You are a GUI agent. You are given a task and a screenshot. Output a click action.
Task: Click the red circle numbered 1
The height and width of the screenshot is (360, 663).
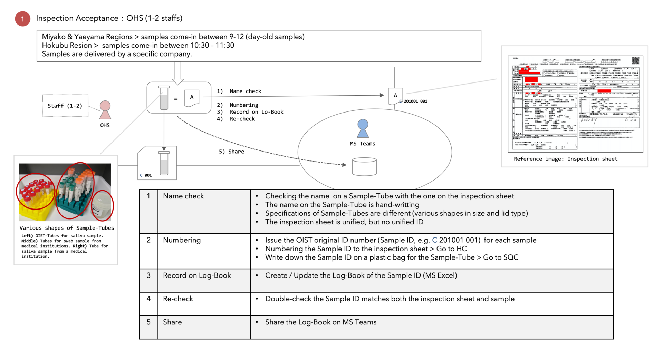pos(22,19)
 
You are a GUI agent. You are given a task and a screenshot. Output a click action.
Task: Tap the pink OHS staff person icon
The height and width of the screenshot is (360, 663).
pos(105,110)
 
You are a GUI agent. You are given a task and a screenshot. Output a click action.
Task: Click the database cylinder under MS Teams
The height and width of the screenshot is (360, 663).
pos(364,167)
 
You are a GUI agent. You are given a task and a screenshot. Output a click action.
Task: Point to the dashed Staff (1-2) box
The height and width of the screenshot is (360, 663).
pos(65,106)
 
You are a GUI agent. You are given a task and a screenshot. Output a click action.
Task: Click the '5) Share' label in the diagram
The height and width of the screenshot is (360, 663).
pos(231,152)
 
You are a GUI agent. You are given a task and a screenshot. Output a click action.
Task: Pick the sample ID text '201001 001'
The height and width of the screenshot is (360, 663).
pos(415,101)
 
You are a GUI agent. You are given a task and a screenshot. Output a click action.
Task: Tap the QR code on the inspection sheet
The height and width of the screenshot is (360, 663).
pos(635,61)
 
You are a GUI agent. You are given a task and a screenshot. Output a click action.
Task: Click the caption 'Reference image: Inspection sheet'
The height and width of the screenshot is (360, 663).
pos(565,159)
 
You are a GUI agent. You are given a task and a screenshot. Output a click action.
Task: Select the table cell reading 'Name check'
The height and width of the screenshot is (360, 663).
pos(183,196)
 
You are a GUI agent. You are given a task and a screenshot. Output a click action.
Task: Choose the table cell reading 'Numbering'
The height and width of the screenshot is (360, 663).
pos(182,240)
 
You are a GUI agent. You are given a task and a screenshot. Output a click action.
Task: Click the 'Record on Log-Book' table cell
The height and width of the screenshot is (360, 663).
pos(197,275)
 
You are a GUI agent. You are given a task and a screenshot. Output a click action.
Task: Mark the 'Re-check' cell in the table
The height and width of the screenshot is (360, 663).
pos(178,299)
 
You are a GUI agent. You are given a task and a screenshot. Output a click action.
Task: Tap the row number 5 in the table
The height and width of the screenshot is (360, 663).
pos(148,322)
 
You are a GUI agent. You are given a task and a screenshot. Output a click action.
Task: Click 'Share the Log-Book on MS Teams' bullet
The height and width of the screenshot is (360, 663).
pos(320,322)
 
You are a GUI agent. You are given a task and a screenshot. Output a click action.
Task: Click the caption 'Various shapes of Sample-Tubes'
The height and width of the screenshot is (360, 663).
pos(67,228)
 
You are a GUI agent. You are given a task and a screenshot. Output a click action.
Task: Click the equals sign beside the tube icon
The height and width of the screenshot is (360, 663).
pos(176,99)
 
